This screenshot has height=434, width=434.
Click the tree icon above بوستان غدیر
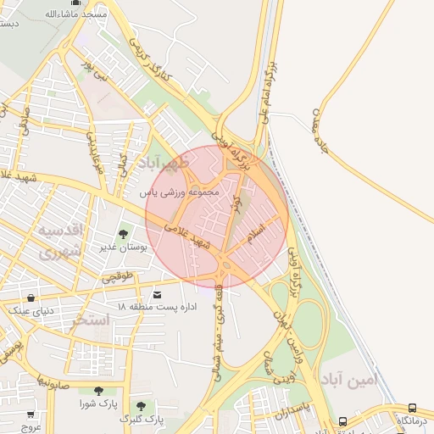tap(124, 234)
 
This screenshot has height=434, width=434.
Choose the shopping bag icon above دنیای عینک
tap(31, 298)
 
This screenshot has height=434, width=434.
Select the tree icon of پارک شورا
tap(99, 391)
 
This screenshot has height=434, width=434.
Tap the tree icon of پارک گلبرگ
tap(141, 406)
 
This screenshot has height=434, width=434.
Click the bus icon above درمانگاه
tap(412, 408)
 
